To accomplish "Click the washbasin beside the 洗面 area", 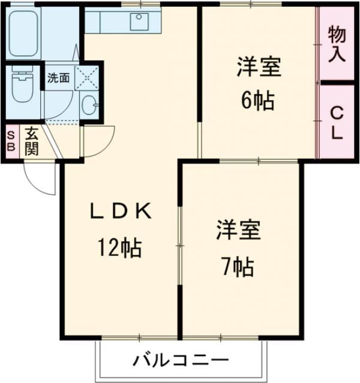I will pyautogui.click(x=90, y=104).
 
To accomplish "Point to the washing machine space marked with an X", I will pyautogui.click(x=86, y=79).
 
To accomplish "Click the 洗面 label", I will pyautogui.click(x=59, y=78).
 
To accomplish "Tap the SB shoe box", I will pyautogui.click(x=10, y=141).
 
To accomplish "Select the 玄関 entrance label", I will pyautogui.click(x=31, y=141).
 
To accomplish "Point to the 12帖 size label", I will pyautogui.click(x=121, y=247).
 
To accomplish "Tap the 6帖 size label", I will pyautogui.click(x=258, y=99).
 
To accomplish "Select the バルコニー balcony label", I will pyautogui.click(x=180, y=361).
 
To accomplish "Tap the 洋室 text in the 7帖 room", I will pyautogui.click(x=238, y=231).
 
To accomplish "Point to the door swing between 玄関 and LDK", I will pyautogui.click(x=96, y=141).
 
